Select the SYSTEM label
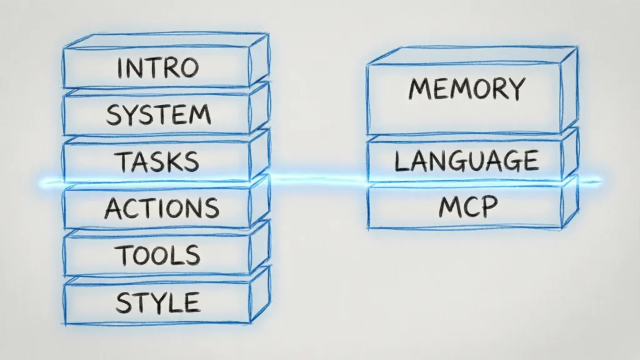pyautogui.click(x=158, y=115)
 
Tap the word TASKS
pyautogui.click(x=157, y=161)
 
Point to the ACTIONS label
pyautogui.click(x=162, y=208)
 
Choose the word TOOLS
pyautogui.click(x=157, y=255)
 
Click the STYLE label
pyautogui.click(x=157, y=302)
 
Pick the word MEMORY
pyautogui.click(x=466, y=89)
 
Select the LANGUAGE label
pyautogui.click(x=466, y=161)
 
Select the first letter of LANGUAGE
pyautogui.click(x=400, y=161)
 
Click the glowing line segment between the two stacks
pyautogui.click(x=319, y=181)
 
